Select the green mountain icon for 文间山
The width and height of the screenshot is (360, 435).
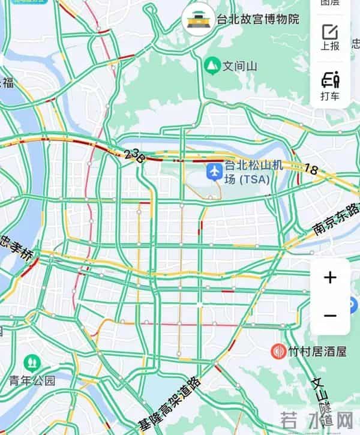point(211,65)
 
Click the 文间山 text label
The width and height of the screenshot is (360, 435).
point(240,65)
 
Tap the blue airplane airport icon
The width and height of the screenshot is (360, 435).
point(214,171)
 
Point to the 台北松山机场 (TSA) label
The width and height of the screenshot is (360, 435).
point(245,172)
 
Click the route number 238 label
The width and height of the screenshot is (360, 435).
point(135,155)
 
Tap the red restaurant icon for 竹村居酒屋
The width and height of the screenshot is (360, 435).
point(278,351)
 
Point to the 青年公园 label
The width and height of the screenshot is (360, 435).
point(32,380)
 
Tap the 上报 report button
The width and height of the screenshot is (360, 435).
point(329,37)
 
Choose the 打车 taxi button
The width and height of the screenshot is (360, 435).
point(329,86)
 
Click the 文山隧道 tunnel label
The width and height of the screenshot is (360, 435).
point(324,399)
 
